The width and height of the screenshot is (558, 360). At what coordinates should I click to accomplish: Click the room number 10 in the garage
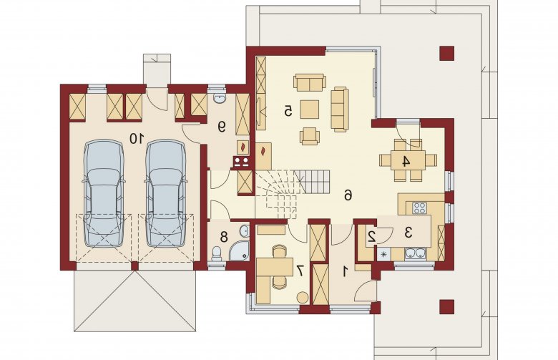137,138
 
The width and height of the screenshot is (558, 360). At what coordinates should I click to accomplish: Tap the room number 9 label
221,127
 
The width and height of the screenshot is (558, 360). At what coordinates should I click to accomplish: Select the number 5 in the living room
288,111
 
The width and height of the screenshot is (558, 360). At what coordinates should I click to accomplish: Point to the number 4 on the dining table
406,161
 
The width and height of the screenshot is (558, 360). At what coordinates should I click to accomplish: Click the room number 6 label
348,195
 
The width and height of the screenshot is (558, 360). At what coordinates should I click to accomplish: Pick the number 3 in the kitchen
408,233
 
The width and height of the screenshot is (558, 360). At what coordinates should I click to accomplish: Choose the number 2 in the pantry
372,236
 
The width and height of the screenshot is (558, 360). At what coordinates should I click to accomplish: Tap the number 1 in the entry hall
345,272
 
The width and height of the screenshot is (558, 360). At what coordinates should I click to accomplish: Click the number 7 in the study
300,271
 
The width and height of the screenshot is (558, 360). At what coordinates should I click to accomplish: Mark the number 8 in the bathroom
224,237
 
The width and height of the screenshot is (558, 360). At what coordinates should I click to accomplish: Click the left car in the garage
104,193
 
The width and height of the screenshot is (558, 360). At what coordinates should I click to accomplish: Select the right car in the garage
165,193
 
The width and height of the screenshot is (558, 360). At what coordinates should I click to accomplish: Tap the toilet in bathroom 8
216,253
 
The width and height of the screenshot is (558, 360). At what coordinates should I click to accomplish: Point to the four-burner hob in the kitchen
419,208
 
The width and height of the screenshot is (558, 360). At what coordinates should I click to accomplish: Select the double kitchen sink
416,253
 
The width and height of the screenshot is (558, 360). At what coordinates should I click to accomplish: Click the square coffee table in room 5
309,109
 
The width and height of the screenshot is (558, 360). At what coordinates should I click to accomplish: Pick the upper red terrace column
446,54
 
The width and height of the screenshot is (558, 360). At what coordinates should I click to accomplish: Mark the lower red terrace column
446,306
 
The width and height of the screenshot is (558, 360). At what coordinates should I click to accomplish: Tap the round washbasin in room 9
218,99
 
